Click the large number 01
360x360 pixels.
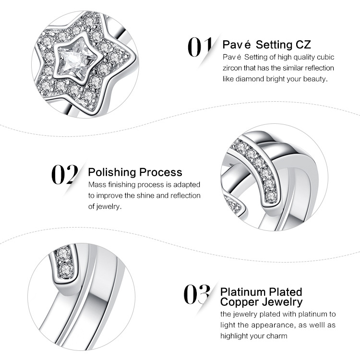point(200,47)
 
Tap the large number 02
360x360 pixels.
point(65,175)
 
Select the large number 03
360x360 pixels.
point(197,294)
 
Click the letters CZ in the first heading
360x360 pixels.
point(303,45)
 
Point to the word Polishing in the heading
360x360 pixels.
point(112,173)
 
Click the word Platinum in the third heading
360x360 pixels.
point(243,292)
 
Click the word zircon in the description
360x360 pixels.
point(232,68)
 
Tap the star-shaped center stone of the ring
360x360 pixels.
point(75,59)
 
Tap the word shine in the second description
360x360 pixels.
point(144,196)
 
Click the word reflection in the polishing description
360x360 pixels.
point(185,196)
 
